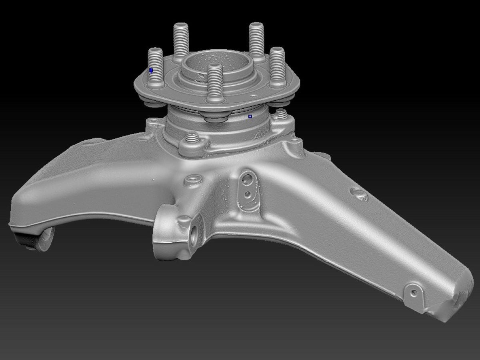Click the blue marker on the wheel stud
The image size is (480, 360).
click(151, 70)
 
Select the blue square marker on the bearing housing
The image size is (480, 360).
click(250, 116)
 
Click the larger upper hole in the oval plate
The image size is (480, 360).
click(248, 178)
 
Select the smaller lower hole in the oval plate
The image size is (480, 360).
click(248, 195)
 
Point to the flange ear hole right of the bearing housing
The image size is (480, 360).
click(295, 141)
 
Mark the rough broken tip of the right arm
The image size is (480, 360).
click(460, 298)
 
